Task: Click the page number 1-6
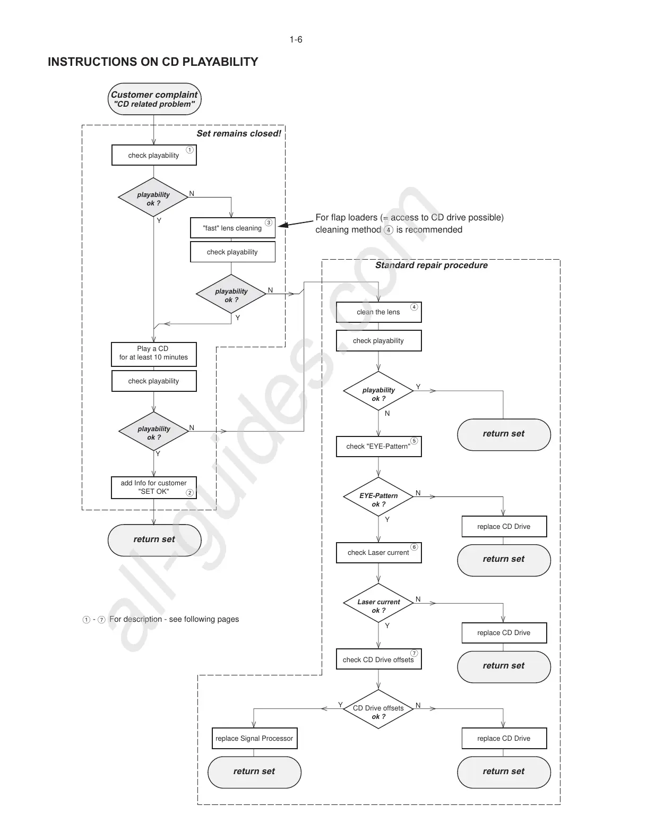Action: [x=296, y=40]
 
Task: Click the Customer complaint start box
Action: [x=154, y=99]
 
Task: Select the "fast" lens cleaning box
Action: [x=232, y=228]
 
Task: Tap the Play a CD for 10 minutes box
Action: [x=153, y=354]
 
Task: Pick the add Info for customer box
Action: [x=153, y=487]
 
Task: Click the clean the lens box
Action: [x=378, y=312]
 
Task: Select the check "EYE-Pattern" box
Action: [x=378, y=447]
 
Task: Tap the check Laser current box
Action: [x=378, y=553]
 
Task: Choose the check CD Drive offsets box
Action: [x=378, y=659]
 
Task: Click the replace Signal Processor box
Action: [x=254, y=739]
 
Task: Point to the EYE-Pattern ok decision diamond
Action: [x=378, y=498]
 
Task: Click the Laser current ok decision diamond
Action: [x=378, y=604]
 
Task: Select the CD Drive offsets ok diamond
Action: [x=378, y=709]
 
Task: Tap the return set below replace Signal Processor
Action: [x=254, y=772]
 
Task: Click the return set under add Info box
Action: [x=154, y=540]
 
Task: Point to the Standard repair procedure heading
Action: [x=431, y=265]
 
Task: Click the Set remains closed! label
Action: [x=239, y=134]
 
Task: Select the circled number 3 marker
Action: [x=269, y=222]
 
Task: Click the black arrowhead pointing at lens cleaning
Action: [x=283, y=225]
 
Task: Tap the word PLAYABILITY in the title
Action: [x=220, y=62]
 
